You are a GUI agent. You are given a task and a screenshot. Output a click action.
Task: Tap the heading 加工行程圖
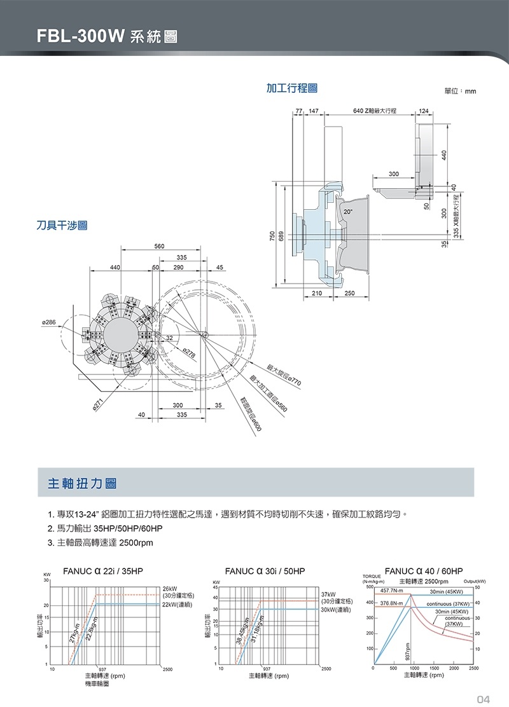tap(292, 88)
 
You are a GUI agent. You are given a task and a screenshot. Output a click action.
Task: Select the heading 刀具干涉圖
tap(62, 224)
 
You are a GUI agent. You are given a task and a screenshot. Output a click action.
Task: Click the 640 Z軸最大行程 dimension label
tap(375, 111)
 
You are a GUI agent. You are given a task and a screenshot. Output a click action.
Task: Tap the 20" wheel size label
tap(348, 210)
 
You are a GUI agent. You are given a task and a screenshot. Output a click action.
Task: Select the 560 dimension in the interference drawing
tap(159, 245)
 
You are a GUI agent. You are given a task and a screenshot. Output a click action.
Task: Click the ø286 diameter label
tap(48, 323)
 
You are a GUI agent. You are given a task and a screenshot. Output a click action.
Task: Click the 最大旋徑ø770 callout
tap(283, 375)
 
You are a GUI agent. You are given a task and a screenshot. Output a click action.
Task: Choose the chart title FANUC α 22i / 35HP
tap(102, 571)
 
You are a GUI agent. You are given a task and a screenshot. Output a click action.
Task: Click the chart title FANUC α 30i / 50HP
tap(265, 571)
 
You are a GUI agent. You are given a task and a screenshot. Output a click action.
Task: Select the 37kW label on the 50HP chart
tap(330, 594)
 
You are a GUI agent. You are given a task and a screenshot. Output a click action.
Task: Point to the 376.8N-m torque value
tap(393, 603)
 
